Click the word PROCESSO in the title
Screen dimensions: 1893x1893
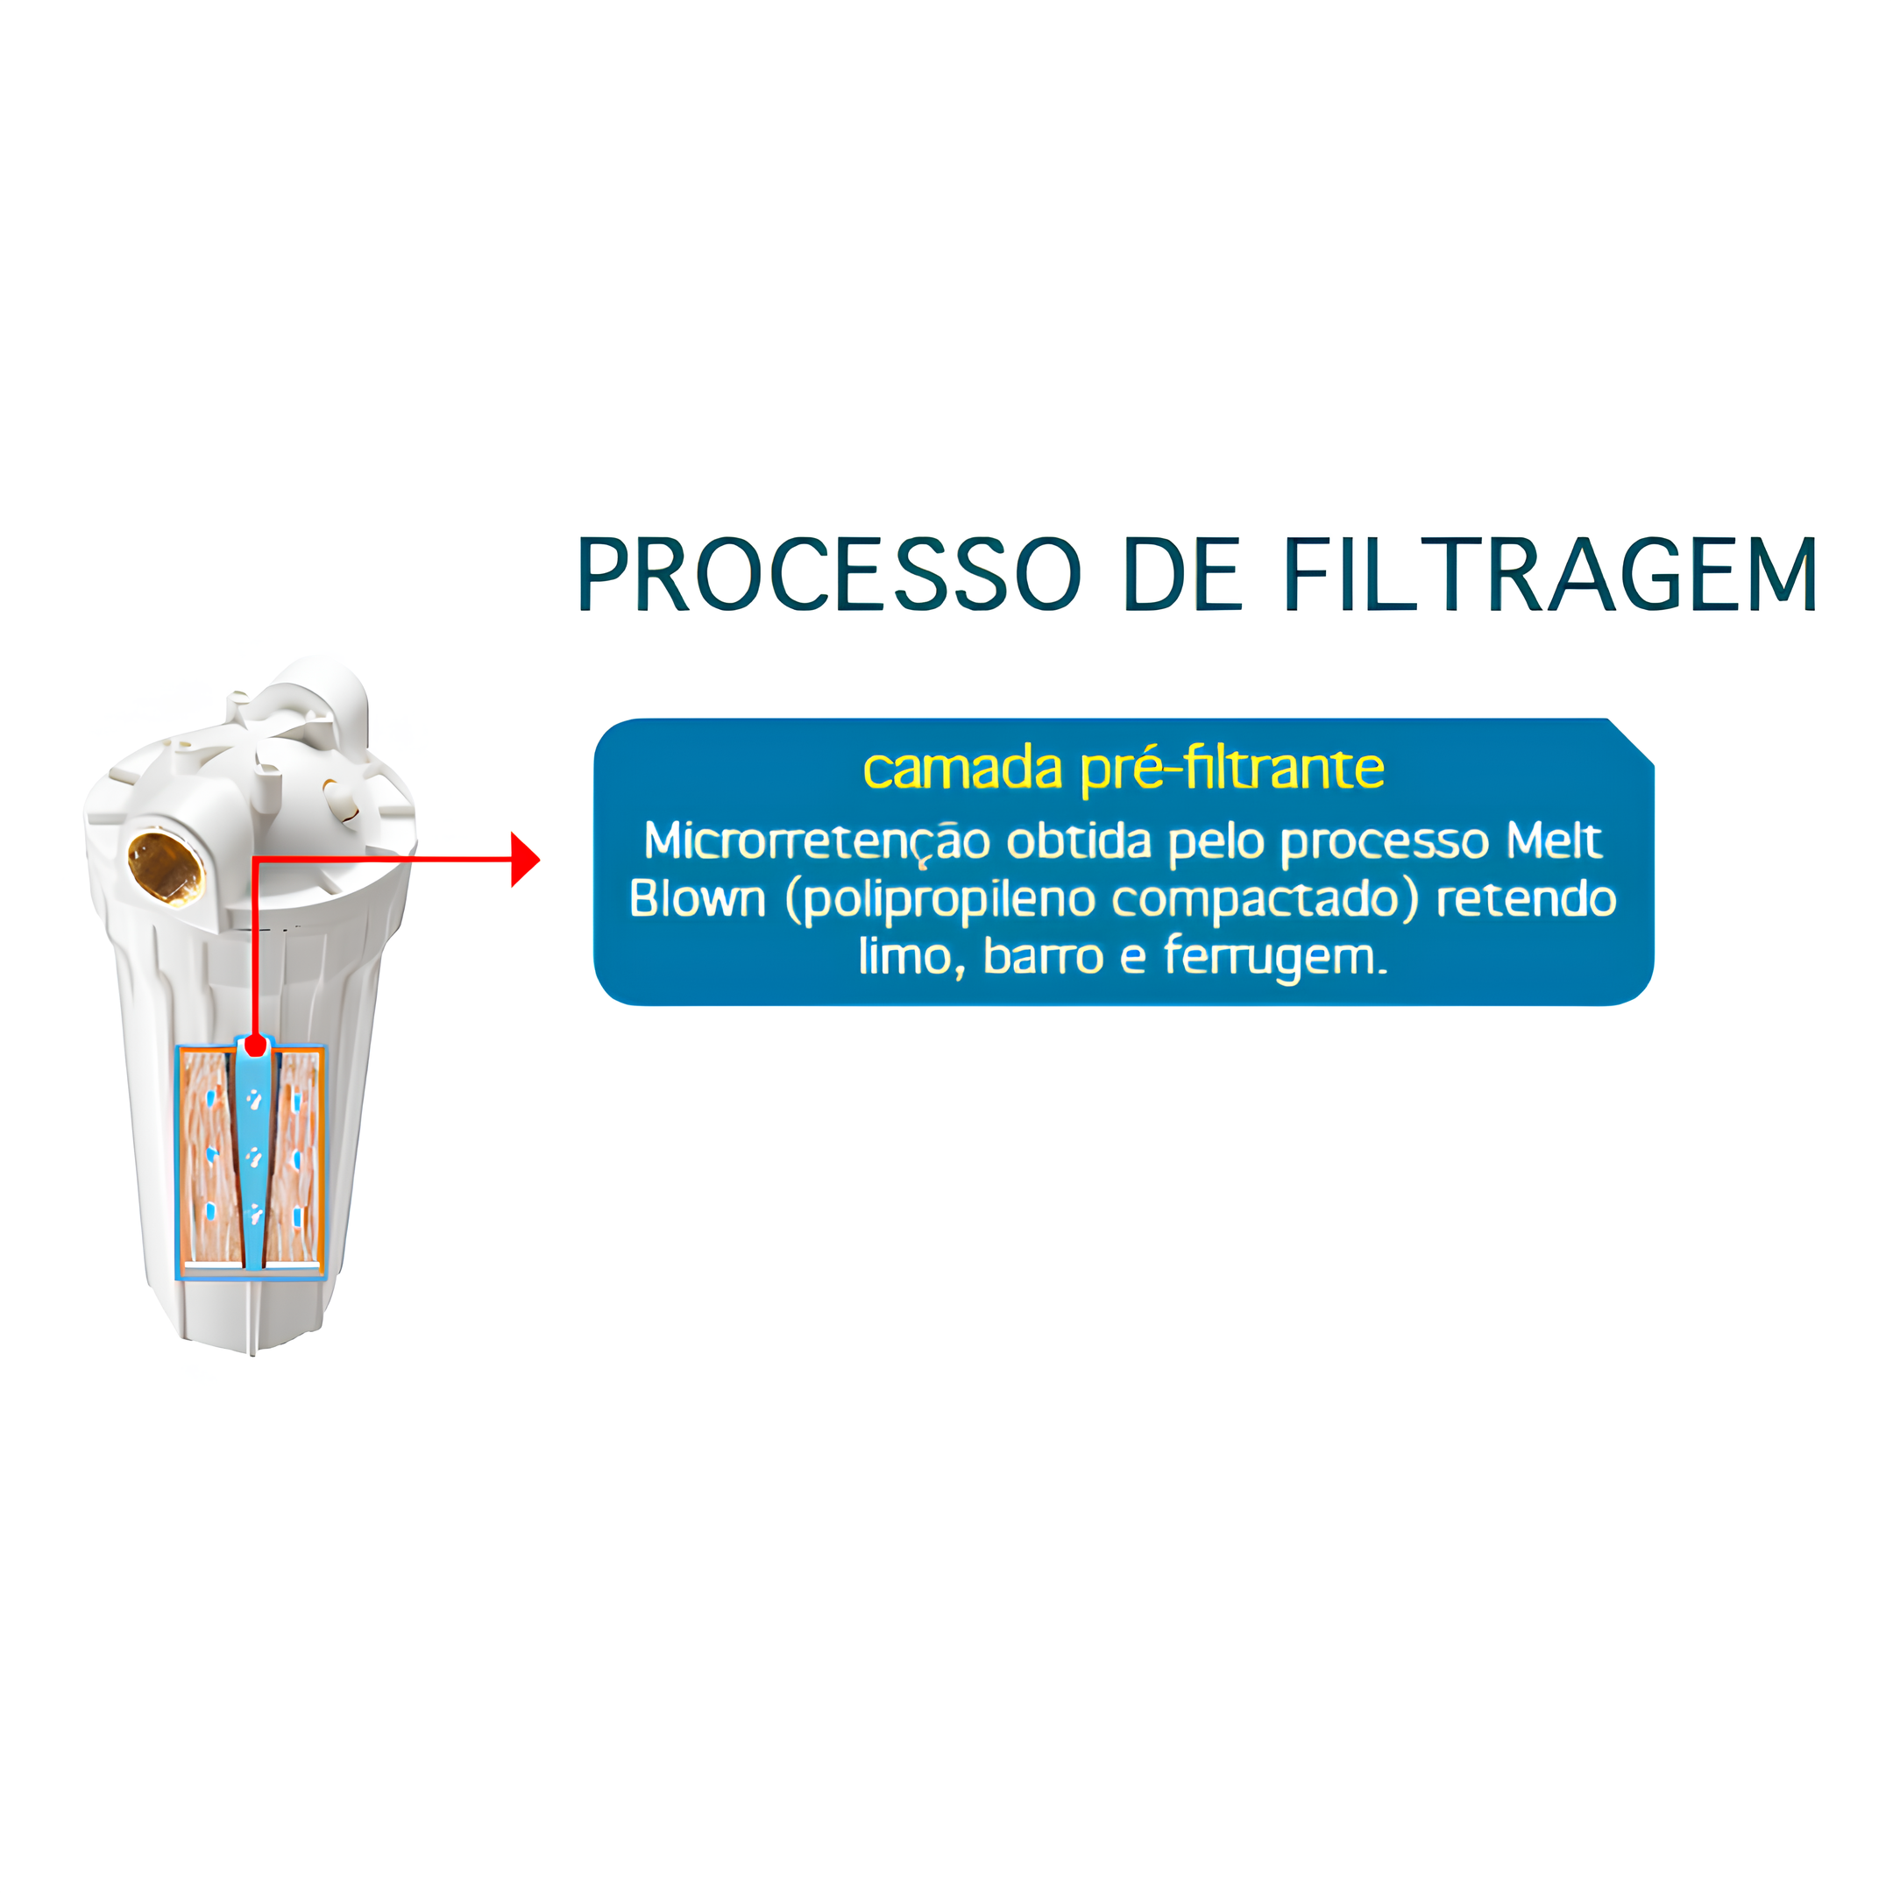click(x=829, y=574)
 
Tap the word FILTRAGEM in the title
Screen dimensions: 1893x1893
click(x=1550, y=574)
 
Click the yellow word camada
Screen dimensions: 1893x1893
click(x=962, y=769)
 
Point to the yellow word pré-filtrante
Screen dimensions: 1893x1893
click(x=1232, y=770)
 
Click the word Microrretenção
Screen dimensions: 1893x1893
click(x=816, y=840)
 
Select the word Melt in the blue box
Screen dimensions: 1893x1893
click(x=1554, y=840)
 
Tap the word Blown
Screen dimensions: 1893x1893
click(x=697, y=898)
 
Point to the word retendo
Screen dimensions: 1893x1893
click(x=1526, y=898)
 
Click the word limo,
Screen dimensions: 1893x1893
click(x=912, y=957)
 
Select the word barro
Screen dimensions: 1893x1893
click(x=1044, y=956)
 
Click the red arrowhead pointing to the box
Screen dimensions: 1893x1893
click(x=524, y=859)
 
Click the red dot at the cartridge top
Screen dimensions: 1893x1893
click(x=256, y=1046)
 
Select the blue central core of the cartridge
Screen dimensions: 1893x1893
click(x=252, y=1156)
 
